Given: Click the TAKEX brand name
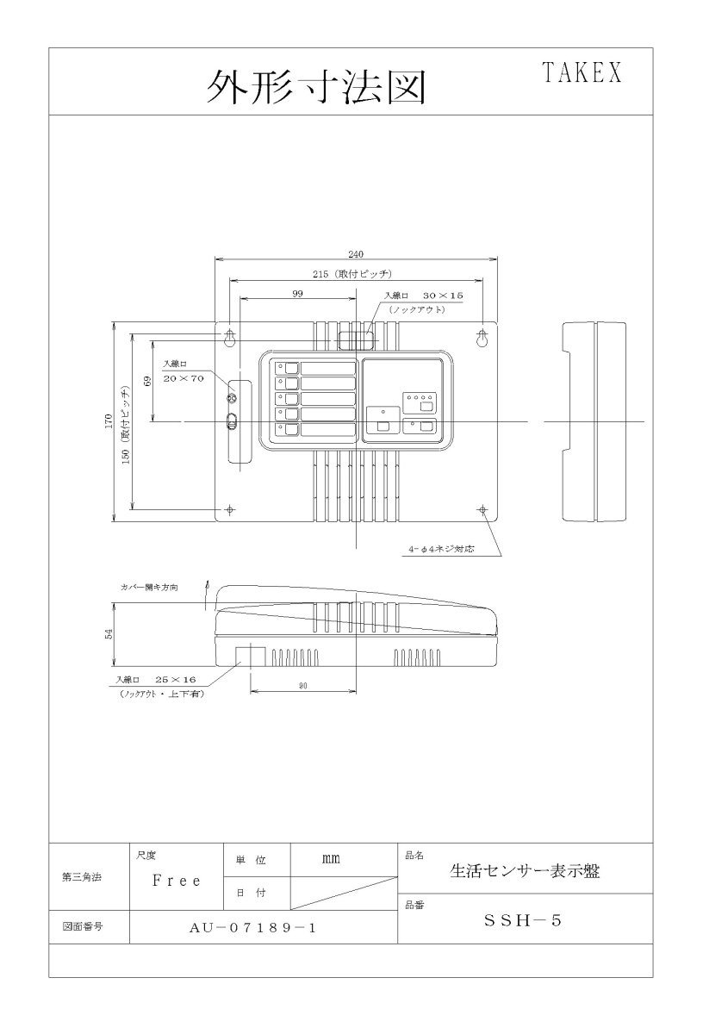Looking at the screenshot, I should click(x=582, y=74).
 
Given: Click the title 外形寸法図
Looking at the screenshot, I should click(x=316, y=86).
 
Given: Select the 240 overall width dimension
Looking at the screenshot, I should click(x=356, y=253).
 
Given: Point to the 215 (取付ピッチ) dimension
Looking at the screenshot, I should click(x=355, y=274).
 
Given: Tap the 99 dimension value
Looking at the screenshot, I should click(x=296, y=294).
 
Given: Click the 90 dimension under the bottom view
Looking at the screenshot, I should click(x=302, y=686).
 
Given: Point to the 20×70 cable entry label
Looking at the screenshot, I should click(x=184, y=378).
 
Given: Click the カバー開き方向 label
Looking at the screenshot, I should click(x=150, y=587).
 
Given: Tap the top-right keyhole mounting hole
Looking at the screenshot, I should click(x=482, y=337).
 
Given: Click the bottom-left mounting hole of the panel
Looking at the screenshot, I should click(x=231, y=509).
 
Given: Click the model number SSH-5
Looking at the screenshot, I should click(x=523, y=920).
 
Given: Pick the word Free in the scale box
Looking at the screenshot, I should click(x=176, y=881).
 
